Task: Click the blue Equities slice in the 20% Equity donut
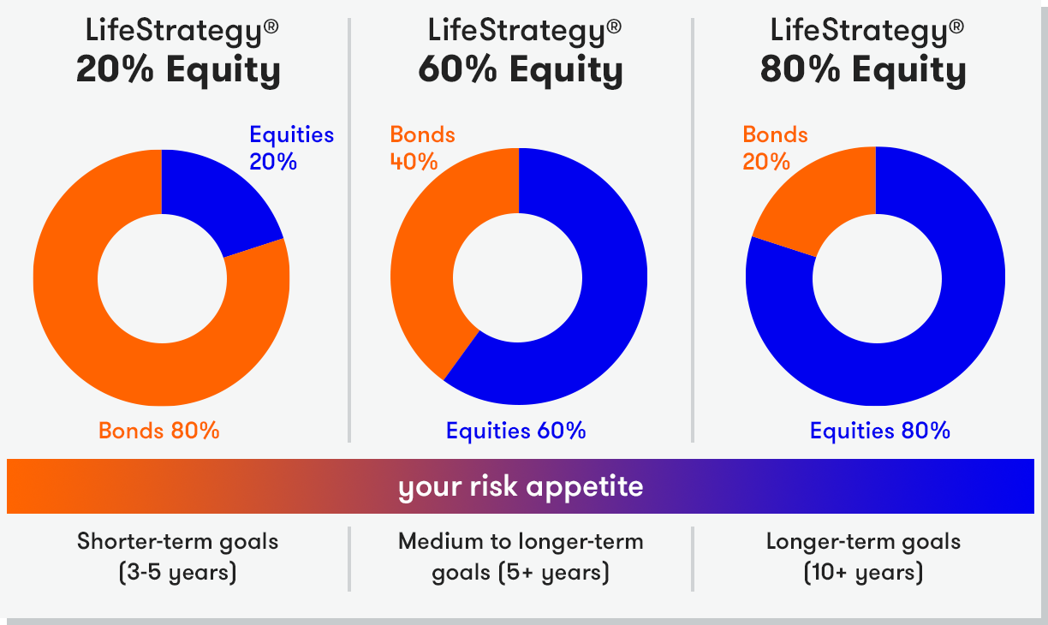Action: pos(215,196)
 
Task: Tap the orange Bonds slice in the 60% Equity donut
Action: pos(426,262)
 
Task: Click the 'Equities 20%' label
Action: pos(291,148)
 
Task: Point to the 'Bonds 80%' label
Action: pos(159,431)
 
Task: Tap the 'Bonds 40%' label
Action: pos(422,148)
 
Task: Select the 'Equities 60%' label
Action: pos(515,431)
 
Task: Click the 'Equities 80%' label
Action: pos(879,431)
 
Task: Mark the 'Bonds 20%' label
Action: pos(775,148)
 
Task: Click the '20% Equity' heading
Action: pos(178,70)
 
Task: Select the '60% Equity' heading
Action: pos(521,70)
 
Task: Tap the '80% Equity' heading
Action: pos(863,70)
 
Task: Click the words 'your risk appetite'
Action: pos(521,487)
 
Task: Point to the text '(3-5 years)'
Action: pos(178,573)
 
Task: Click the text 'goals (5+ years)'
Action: pos(521,573)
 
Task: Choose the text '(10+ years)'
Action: pos(864,573)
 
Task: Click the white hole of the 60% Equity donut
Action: pos(517,278)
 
